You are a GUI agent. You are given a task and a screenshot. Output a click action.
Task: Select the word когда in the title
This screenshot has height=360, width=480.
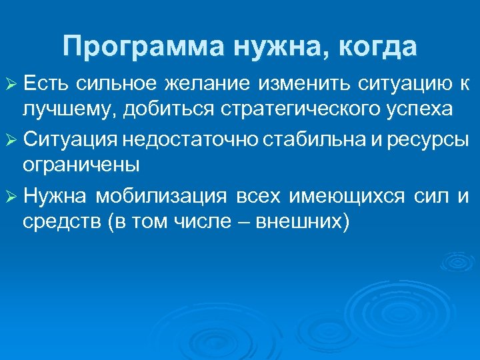[377, 47]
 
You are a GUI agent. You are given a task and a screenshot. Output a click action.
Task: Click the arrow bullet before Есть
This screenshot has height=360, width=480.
[11, 85]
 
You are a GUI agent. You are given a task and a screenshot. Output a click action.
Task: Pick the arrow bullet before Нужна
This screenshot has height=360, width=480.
[11, 197]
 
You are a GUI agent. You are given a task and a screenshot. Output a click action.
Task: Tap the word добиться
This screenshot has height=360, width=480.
[147, 109]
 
